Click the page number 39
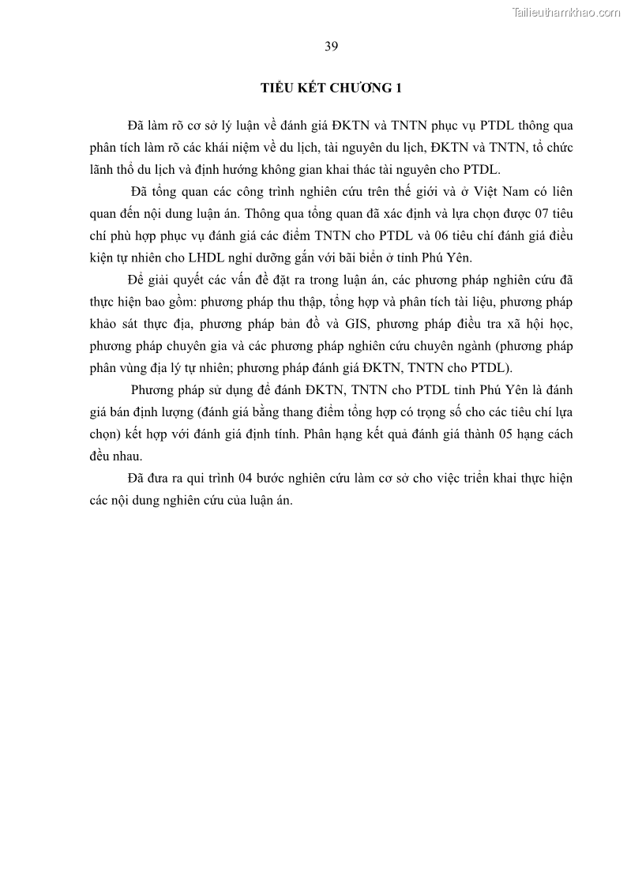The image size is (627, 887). pos(331,47)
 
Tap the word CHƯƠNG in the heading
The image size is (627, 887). pos(362,88)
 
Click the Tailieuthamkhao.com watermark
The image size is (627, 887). pos(566,12)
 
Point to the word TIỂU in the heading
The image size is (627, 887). pos(278,88)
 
